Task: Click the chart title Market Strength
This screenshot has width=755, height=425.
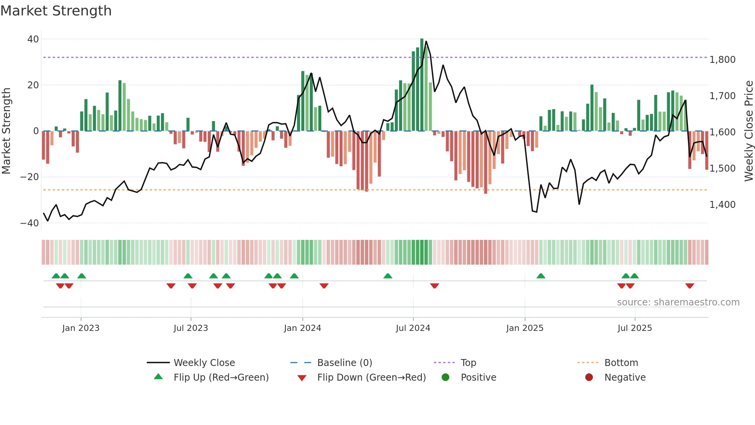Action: [56, 10]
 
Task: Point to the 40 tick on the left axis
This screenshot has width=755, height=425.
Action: [33, 39]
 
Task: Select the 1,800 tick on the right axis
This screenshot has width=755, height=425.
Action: [722, 59]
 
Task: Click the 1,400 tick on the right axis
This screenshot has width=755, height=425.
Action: [722, 204]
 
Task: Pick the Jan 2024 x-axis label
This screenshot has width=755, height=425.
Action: [302, 328]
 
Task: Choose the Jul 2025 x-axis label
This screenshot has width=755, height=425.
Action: [634, 328]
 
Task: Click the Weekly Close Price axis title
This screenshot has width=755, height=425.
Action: [748, 131]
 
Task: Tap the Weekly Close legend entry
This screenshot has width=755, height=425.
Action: [204, 363]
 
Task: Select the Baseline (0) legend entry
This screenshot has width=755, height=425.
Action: [344, 363]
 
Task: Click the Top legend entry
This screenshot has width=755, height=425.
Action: [468, 363]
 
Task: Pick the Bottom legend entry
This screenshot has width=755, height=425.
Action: [621, 363]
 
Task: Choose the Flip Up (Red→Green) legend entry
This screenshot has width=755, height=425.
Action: [221, 377]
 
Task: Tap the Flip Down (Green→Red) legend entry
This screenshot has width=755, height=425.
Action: [371, 377]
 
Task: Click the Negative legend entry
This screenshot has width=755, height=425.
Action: [625, 377]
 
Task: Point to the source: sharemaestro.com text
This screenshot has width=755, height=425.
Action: [678, 302]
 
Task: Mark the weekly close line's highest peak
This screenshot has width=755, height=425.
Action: [426, 42]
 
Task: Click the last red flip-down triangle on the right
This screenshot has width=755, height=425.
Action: [690, 286]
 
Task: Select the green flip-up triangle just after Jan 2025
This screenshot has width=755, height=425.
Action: [541, 276]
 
